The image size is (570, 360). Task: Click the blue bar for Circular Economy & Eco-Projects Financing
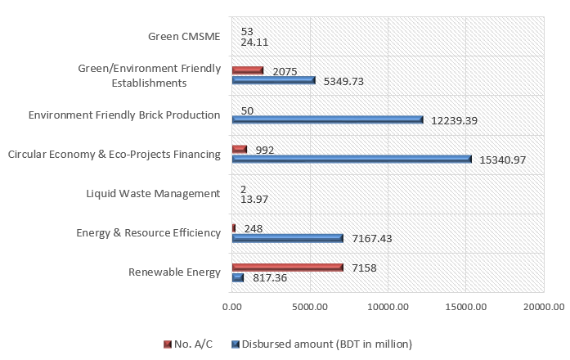click(x=352, y=159)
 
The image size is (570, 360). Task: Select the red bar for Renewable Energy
click(x=287, y=268)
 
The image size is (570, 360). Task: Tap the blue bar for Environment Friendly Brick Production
click(x=327, y=119)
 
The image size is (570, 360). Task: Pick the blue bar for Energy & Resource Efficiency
click(x=287, y=238)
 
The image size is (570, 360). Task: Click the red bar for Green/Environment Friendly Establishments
click(x=248, y=70)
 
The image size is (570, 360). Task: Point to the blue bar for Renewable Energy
click(x=238, y=277)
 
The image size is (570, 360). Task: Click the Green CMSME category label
click(x=184, y=36)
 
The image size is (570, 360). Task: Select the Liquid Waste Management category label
click(x=153, y=194)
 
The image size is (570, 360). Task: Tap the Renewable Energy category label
click(x=174, y=272)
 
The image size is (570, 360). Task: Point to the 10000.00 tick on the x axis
click(x=387, y=307)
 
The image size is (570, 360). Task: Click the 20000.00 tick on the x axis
click(x=543, y=307)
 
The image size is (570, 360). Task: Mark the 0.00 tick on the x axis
click(x=231, y=307)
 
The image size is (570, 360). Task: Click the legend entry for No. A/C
click(x=191, y=343)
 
